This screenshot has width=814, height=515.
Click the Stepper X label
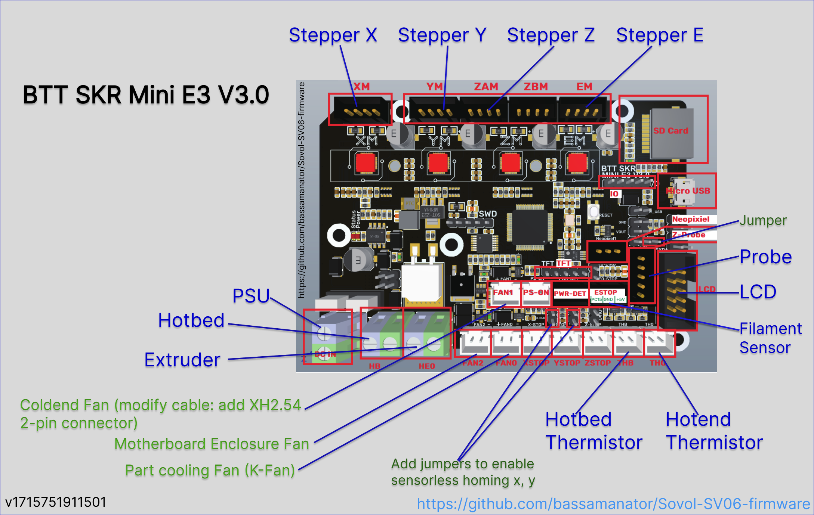333,35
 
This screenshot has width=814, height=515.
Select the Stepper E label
660,35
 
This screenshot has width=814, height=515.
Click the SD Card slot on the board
671,131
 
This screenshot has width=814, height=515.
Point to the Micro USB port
687,191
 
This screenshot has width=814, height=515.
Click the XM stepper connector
360,109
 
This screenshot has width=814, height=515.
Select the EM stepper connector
584,109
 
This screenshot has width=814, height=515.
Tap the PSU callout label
251,296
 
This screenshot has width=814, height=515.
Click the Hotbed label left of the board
191,320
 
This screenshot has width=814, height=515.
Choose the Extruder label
182,360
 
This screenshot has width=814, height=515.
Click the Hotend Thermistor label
714,431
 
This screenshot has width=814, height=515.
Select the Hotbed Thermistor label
593,431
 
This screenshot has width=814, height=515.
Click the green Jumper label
763,220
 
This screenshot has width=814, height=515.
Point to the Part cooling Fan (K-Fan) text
210,471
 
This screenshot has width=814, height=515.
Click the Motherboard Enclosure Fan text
212,444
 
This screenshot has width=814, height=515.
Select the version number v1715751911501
56,502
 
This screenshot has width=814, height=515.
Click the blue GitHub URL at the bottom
613,504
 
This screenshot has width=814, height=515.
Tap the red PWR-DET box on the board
570,294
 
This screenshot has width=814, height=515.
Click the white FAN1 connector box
503,293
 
